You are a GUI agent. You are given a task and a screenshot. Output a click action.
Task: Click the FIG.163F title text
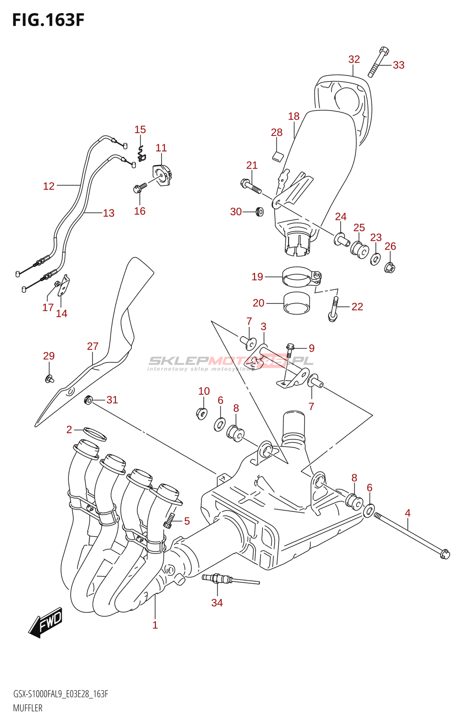[48, 20]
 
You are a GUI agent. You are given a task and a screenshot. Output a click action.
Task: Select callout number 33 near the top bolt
[398, 65]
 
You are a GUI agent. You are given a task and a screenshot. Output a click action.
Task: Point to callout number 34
[217, 603]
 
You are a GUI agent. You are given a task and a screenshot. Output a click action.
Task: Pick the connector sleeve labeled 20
[296, 303]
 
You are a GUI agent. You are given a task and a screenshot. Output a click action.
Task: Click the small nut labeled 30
[260, 211]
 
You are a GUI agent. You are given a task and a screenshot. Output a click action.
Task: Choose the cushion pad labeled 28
[277, 156]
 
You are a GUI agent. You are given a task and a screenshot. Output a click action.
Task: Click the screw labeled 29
[48, 377]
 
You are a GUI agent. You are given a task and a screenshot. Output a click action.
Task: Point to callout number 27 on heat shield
[92, 346]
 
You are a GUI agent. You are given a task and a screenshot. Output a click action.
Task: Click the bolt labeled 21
[250, 185]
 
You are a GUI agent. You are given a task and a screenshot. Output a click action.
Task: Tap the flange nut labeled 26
[390, 268]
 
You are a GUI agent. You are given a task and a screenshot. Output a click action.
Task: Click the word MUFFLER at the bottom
[28, 708]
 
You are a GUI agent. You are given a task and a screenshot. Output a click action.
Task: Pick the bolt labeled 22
[333, 309]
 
